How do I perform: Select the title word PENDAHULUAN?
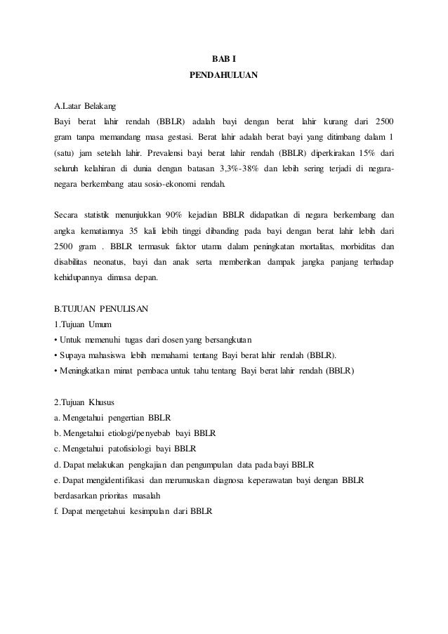[224, 73]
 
